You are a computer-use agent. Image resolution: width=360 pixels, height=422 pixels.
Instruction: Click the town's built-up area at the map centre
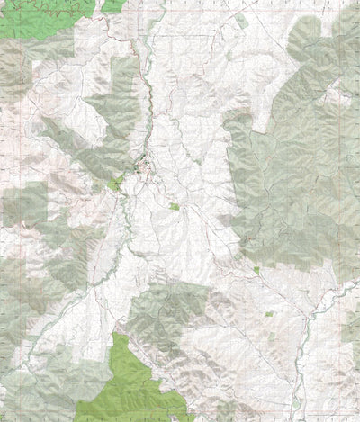pos(142,166)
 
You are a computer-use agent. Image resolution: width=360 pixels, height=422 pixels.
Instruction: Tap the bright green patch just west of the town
pos(114,184)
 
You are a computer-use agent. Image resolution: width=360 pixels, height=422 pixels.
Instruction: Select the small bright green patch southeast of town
pos(175,206)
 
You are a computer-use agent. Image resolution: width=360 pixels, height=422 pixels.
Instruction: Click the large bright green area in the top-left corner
pos(36,18)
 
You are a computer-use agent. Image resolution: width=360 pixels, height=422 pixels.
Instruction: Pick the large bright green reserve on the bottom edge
pos(135,378)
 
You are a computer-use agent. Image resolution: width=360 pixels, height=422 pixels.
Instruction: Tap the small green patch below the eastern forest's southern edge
pos(256,269)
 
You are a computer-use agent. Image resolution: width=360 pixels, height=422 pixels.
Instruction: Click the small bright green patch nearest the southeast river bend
pos(269,314)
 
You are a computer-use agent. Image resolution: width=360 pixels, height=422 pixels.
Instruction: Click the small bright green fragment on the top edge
pos(112,4)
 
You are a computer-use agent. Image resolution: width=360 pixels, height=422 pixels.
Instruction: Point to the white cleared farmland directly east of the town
pos(193,166)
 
